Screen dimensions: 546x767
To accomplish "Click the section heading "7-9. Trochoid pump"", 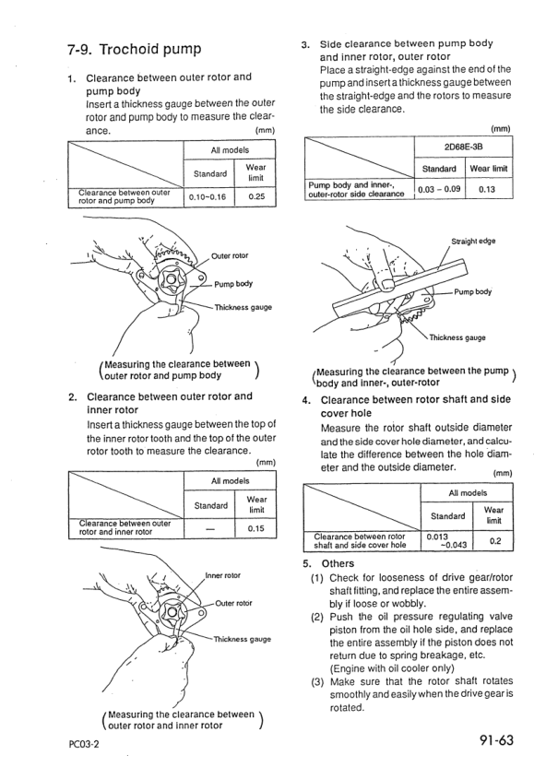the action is click(134, 50).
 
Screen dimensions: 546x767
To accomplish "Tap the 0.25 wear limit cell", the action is click(255, 197).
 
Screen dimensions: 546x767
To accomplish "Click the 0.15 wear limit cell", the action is click(255, 528).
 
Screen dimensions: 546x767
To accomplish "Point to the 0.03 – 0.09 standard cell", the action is click(440, 189).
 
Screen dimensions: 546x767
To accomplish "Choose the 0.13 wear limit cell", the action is click(487, 189).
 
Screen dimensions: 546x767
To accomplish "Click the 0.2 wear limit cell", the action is click(495, 541).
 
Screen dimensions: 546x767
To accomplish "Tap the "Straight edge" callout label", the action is click(473, 241).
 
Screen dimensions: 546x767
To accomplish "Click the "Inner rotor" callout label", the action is click(223, 576).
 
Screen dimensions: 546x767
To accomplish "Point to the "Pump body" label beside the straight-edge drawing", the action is click(472, 292).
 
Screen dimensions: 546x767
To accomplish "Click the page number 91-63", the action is click(496, 740).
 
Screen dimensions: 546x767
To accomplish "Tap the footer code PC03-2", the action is click(84, 745).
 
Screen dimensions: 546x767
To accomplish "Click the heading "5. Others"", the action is click(328, 563).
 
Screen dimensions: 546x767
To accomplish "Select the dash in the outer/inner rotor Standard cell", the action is click(210, 529).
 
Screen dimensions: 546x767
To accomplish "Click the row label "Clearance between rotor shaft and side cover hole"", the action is click(360, 540).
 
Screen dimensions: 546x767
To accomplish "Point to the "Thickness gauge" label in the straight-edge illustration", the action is click(457, 337).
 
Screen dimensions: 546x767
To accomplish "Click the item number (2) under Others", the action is click(317, 617).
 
